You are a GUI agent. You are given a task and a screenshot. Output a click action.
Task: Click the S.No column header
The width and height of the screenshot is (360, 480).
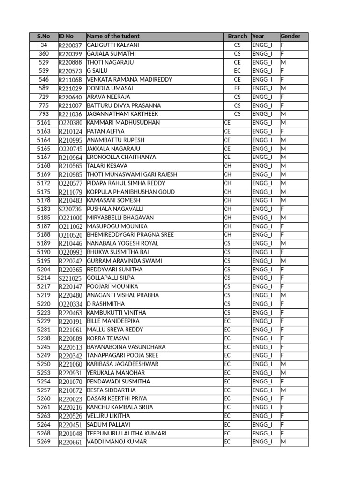(44, 37)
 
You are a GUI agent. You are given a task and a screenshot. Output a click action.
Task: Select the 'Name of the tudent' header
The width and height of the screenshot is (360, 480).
(113, 37)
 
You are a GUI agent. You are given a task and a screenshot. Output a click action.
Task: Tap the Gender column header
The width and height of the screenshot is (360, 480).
(291, 37)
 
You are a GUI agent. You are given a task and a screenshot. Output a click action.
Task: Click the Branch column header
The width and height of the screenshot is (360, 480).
(237, 37)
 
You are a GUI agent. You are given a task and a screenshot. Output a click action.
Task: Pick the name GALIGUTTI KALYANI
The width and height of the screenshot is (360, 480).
(113, 45)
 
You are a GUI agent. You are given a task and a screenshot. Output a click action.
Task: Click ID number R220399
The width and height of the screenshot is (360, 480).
(70, 54)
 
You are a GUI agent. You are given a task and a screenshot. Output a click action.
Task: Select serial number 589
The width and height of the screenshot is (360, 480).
(44, 88)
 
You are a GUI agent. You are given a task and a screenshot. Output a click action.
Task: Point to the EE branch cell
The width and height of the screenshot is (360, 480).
(237, 88)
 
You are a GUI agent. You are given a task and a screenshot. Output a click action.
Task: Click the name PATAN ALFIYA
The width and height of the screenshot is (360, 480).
(106, 131)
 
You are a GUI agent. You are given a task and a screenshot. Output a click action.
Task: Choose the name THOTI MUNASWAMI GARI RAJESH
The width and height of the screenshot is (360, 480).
(132, 174)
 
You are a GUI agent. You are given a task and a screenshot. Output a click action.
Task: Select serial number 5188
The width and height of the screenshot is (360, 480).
(44, 235)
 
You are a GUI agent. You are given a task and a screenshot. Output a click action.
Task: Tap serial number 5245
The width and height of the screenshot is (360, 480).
(44, 347)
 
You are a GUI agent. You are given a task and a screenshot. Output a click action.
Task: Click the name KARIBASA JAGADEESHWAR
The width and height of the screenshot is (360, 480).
(123, 364)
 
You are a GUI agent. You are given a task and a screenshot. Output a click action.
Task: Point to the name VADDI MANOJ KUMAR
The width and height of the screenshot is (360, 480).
(117, 442)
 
